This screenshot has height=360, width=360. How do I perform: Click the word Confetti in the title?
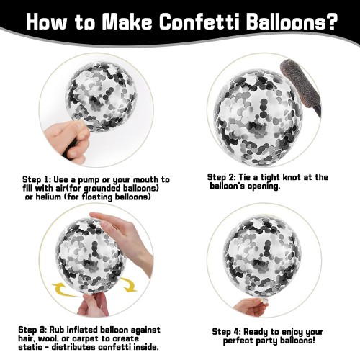200,22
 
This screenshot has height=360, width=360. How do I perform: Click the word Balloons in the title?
283,22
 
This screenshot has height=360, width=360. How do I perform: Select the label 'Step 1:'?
37,179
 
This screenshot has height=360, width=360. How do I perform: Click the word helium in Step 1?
49,197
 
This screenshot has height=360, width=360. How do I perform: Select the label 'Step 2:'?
222,178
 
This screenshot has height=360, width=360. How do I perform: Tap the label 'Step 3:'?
32,330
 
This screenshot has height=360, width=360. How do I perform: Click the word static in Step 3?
30,347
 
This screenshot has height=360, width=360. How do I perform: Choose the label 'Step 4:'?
226,332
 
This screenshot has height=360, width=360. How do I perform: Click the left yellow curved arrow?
64,289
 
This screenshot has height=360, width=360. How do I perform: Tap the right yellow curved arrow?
129,285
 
